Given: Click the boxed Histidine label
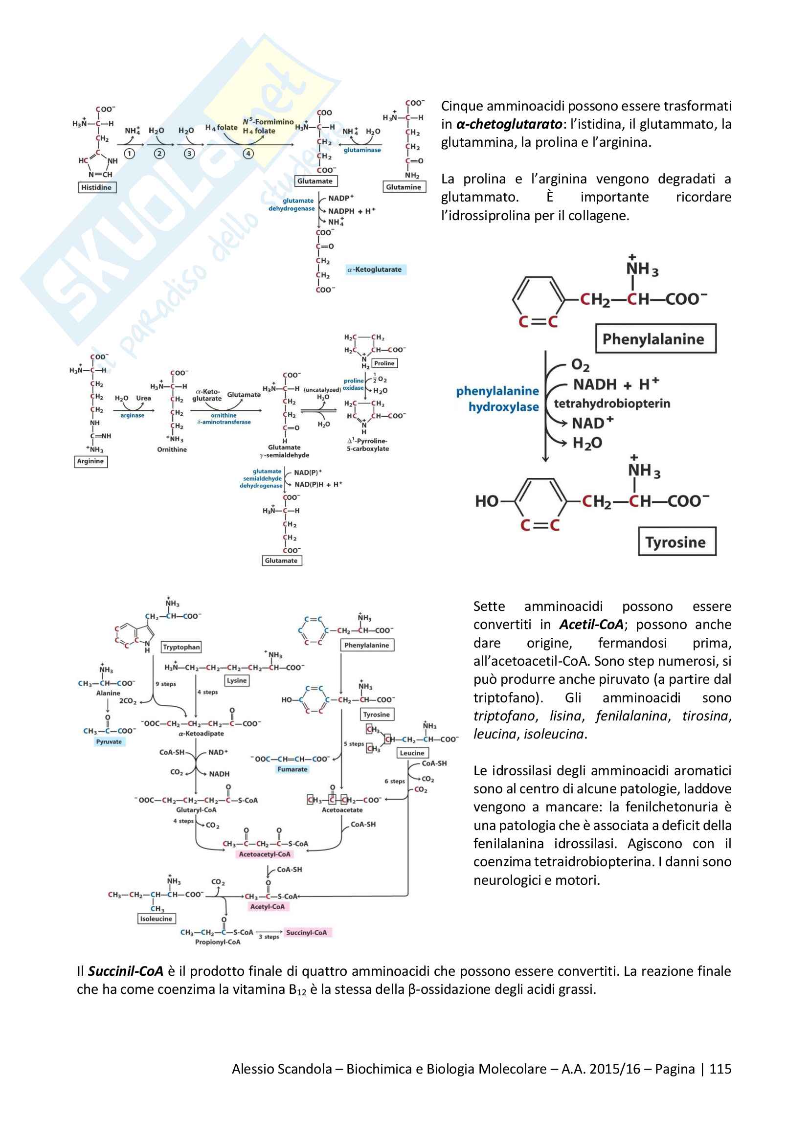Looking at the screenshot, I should (97, 187).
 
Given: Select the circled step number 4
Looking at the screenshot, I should (248, 154).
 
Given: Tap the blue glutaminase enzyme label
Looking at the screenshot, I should (362, 150).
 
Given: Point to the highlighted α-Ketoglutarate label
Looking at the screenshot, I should (376, 269).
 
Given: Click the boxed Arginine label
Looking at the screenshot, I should (90, 461).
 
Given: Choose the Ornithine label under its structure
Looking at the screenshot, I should (172, 449).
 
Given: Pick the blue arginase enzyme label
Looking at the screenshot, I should (132, 416).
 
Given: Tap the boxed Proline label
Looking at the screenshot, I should (384, 363).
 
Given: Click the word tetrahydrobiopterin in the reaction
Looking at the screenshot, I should (612, 403).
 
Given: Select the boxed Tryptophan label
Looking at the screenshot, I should (181, 647).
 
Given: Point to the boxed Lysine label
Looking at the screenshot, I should (237, 681).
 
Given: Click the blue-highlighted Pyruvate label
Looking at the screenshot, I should (109, 741).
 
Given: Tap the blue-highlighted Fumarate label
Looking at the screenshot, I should (292, 769).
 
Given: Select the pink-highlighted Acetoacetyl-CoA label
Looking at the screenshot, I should (265, 854).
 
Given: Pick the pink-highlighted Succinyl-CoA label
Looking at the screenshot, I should (306, 932).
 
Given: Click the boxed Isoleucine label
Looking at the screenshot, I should (156, 919).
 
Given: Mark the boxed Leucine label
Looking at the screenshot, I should (412, 753).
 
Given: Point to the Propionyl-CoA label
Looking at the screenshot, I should (218, 942).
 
